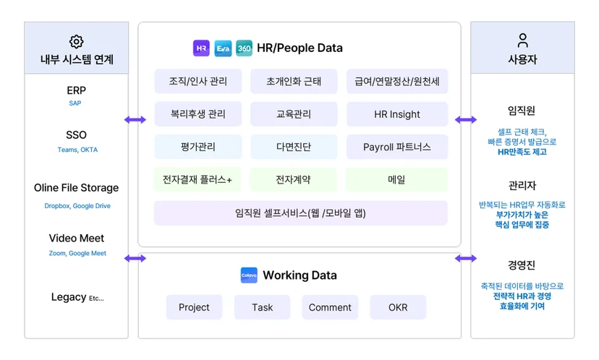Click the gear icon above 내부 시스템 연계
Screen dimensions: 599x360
click(77, 42)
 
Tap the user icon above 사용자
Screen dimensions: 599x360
click(522, 40)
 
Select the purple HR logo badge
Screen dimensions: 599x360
click(201, 48)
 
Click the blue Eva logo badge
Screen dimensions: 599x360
click(223, 48)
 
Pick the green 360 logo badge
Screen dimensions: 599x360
click(244, 48)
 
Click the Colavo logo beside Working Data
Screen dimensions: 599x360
click(249, 275)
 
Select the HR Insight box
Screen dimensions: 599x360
click(397, 114)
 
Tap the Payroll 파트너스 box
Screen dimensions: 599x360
click(397, 147)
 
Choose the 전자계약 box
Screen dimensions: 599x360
click(294, 179)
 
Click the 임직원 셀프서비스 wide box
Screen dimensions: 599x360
click(301, 213)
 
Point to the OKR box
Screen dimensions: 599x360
click(398, 307)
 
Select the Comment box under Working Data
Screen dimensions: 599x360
click(330, 307)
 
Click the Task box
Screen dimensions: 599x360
click(263, 307)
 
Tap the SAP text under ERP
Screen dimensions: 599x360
click(75, 103)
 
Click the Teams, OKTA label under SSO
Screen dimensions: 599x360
click(77, 150)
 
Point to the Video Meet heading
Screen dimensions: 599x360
click(77, 239)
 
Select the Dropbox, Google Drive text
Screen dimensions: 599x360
click(77, 206)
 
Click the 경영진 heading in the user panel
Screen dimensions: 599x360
click(522, 265)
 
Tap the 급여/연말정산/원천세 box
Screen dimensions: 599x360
click(397, 81)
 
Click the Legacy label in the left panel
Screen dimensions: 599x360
click(69, 297)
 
